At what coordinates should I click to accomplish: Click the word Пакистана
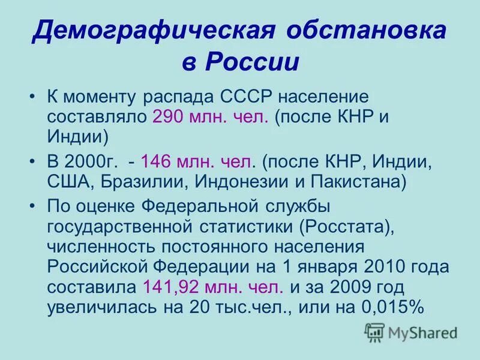pyautogui.click(x=352, y=181)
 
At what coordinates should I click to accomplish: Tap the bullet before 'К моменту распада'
pyautogui.click(x=33, y=97)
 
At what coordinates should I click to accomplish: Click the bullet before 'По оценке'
pyautogui.click(x=33, y=206)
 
